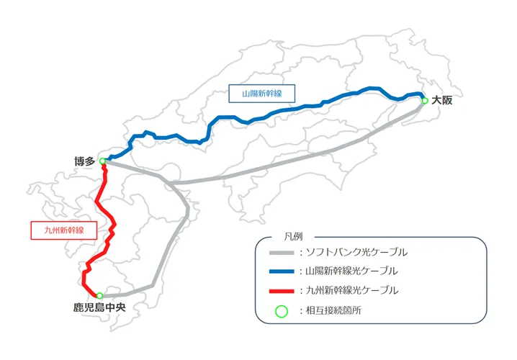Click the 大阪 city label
tap(442, 101)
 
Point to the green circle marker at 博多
tap(103, 161)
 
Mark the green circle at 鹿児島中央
tap(99, 296)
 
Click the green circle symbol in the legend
tap(282, 310)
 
